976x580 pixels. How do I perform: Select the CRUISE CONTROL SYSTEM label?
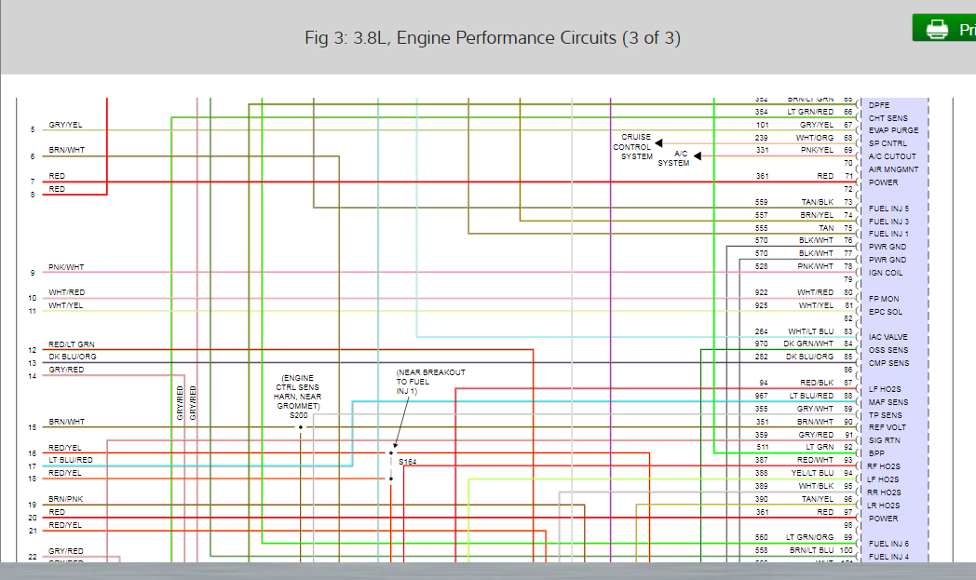pos(636,147)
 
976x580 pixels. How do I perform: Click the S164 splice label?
pos(407,461)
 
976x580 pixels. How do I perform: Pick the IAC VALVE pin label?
pos(888,337)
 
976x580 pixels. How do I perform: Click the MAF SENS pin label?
pos(888,402)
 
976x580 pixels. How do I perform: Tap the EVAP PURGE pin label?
pos(893,130)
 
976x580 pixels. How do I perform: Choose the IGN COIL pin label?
pos(886,273)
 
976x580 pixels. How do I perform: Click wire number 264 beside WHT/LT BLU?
pos(762,331)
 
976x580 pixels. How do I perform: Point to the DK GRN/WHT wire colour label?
pos(808,344)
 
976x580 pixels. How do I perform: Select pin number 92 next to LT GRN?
pos(847,448)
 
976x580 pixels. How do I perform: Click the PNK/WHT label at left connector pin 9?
pos(66,267)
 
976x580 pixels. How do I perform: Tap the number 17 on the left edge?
pos(32,466)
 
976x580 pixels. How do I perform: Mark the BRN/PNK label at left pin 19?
pos(66,499)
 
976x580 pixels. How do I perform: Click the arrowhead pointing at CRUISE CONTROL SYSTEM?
pos(658,143)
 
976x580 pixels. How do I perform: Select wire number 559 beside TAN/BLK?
pos(762,202)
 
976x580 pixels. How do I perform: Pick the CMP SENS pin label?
pos(888,363)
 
